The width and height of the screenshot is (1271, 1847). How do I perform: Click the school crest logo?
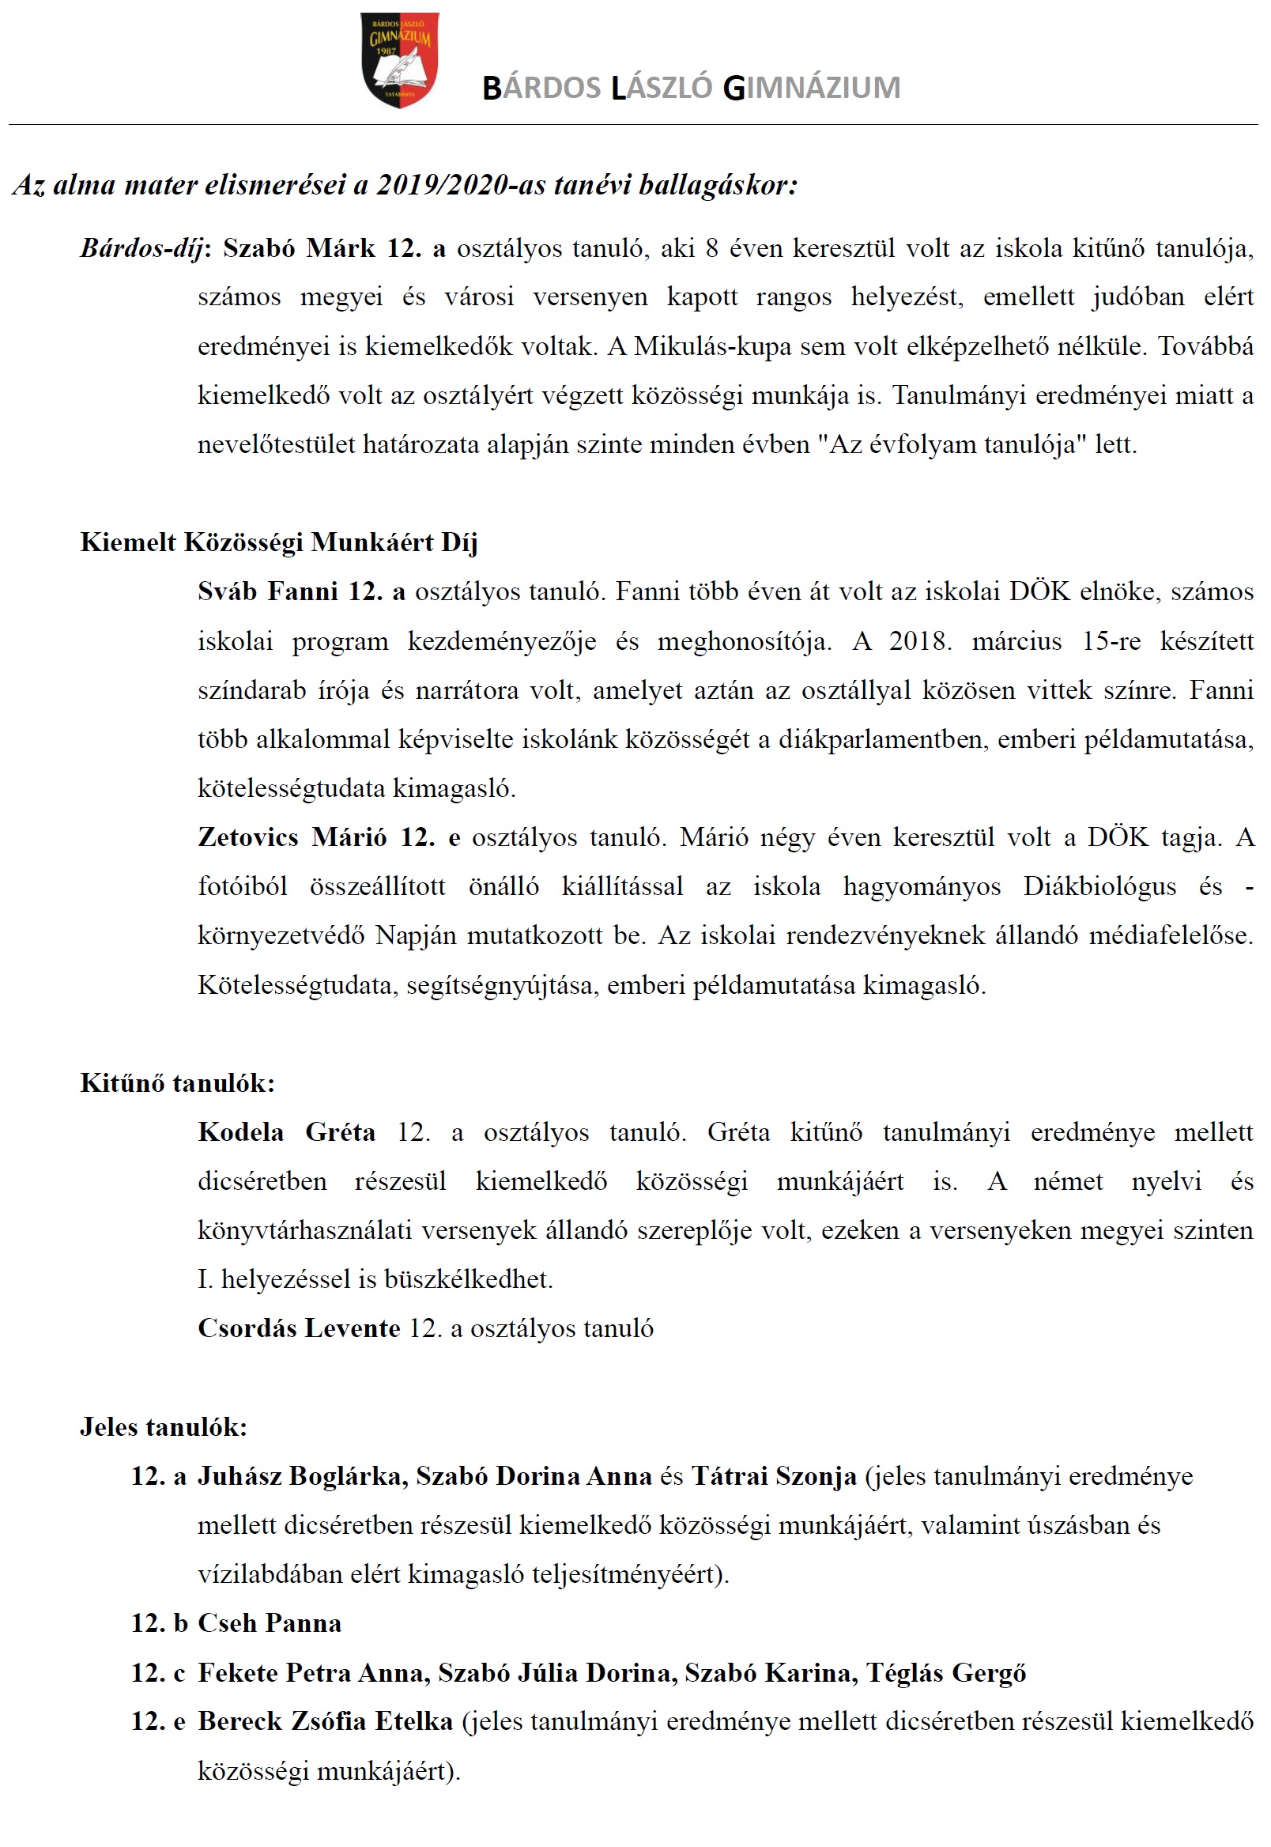[x=399, y=60]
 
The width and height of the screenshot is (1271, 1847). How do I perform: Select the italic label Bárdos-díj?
[x=141, y=249]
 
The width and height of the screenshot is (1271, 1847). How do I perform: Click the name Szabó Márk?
[x=299, y=248]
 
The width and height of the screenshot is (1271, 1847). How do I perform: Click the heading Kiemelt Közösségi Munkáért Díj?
[x=279, y=542]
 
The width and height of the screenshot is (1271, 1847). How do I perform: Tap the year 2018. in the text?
[x=920, y=641]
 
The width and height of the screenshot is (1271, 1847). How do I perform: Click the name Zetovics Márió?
[x=292, y=838]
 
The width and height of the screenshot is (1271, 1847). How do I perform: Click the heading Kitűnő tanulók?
[x=178, y=1083]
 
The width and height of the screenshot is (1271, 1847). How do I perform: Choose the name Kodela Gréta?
[x=286, y=1132]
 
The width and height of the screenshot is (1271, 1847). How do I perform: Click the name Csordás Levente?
[x=299, y=1328]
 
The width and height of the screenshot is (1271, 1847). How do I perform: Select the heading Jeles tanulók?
[x=164, y=1427]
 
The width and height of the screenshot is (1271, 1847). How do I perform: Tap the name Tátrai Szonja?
[x=773, y=1477]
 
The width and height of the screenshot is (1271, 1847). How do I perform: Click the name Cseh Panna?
[x=270, y=1623]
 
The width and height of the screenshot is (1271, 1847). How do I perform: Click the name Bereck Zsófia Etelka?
[x=325, y=1721]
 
